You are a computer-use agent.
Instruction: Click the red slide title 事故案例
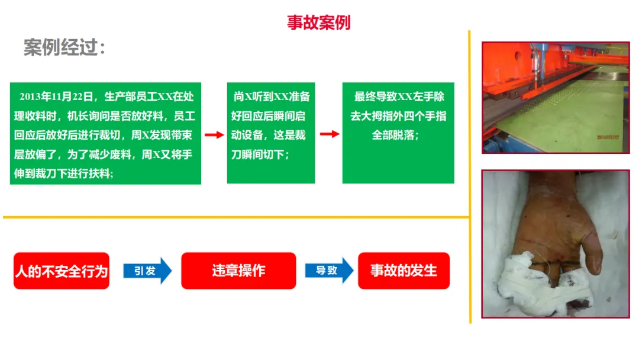(x=318, y=22)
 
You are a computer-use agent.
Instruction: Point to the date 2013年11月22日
(x=57, y=97)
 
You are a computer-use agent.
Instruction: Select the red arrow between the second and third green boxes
(x=329, y=134)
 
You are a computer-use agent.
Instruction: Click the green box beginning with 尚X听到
(x=271, y=133)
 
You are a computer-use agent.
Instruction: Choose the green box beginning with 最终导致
(x=398, y=133)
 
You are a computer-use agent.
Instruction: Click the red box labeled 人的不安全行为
(x=62, y=271)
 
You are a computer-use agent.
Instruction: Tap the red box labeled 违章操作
(x=238, y=271)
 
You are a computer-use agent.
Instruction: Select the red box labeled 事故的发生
(x=404, y=271)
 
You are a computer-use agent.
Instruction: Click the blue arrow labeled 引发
(x=147, y=271)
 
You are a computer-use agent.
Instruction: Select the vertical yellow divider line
(x=470, y=178)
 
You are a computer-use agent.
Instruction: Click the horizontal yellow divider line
(x=237, y=217)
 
